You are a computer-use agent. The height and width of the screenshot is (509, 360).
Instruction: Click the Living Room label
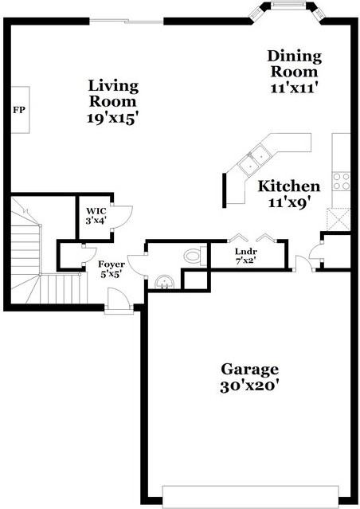[113, 93]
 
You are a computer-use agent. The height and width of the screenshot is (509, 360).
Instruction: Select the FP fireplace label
[19, 109]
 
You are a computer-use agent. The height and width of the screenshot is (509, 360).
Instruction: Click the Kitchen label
[289, 186]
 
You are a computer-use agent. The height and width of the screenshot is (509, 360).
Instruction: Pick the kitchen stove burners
[342, 181]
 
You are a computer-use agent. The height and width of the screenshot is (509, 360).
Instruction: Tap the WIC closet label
[96, 212]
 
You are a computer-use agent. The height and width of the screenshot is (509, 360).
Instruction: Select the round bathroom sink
[164, 281]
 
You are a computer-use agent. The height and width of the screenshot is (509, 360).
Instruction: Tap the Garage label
[249, 370]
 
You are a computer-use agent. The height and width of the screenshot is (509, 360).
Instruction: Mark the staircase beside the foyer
[32, 255]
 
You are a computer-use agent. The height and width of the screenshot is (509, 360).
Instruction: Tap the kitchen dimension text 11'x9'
[289, 202]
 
